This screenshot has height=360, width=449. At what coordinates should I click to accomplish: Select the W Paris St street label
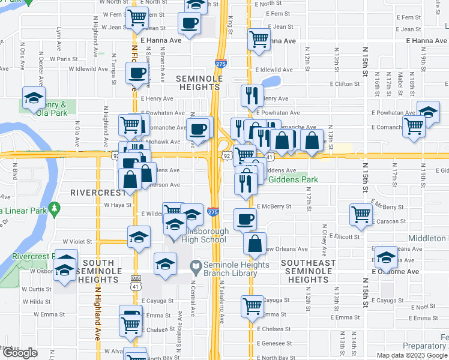[x=64, y=59]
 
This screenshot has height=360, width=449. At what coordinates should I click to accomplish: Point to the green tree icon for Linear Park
[x=55, y=208]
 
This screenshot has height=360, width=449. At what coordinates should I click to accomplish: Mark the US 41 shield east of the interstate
[x=270, y=157]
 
